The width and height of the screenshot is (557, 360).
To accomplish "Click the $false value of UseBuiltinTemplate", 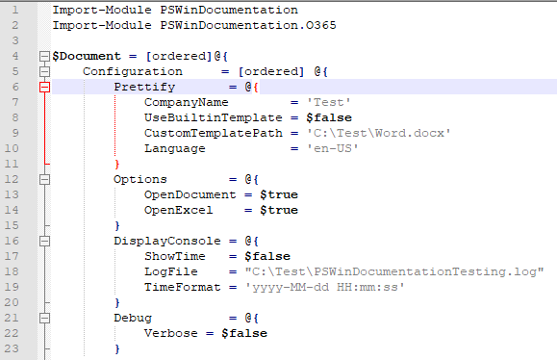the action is pos(316,117).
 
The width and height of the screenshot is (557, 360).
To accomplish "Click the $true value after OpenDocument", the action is pos(270,194).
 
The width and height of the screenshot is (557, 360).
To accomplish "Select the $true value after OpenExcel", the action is pos(270,210).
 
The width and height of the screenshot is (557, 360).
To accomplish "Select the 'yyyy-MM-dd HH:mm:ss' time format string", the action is pos(321,287).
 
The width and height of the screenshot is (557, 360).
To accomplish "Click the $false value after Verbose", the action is pos(246,333).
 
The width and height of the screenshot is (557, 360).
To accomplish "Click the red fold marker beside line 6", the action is pos(44,87).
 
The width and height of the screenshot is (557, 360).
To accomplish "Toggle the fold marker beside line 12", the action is pos(44,179).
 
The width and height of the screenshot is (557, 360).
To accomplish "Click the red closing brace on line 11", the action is pos(117,164).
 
